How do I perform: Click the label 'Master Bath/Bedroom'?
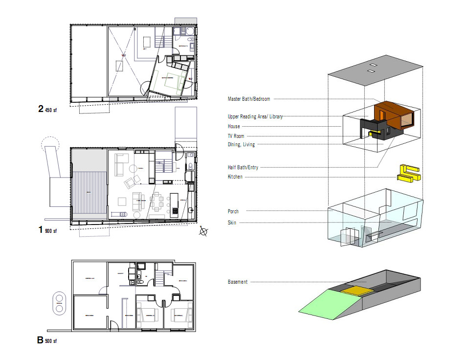coord(248,99)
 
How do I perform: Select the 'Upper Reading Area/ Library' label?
coord(255,116)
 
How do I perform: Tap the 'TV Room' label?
coord(236,136)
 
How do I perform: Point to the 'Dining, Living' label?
coord(241,144)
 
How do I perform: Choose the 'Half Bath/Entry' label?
coord(243,167)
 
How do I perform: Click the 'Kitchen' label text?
coord(235,177)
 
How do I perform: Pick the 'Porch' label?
coord(233,211)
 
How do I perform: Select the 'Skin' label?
coord(232,222)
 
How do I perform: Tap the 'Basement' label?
coord(237,282)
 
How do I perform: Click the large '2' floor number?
coord(41,109)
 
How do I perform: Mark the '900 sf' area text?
coord(51,231)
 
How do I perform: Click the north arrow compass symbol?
coord(203,232)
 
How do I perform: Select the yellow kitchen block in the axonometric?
coord(410,173)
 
